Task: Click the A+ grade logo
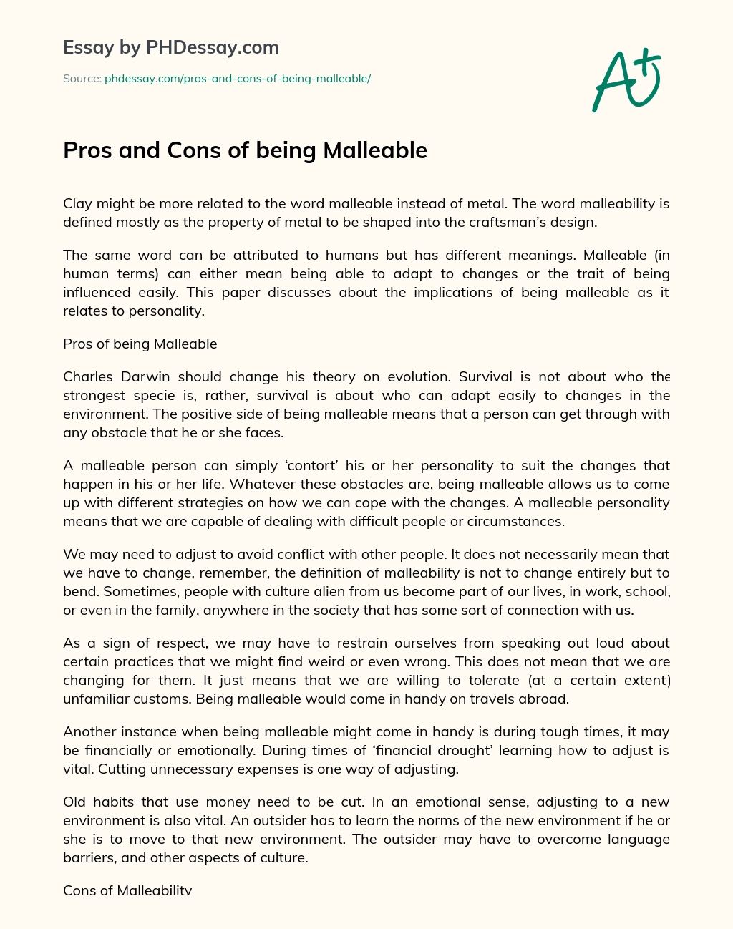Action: click(625, 79)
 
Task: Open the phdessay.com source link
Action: click(237, 79)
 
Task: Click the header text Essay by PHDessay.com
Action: click(171, 48)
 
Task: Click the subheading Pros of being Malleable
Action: click(140, 344)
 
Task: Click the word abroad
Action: click(547, 699)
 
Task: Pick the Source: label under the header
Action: click(82, 79)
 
